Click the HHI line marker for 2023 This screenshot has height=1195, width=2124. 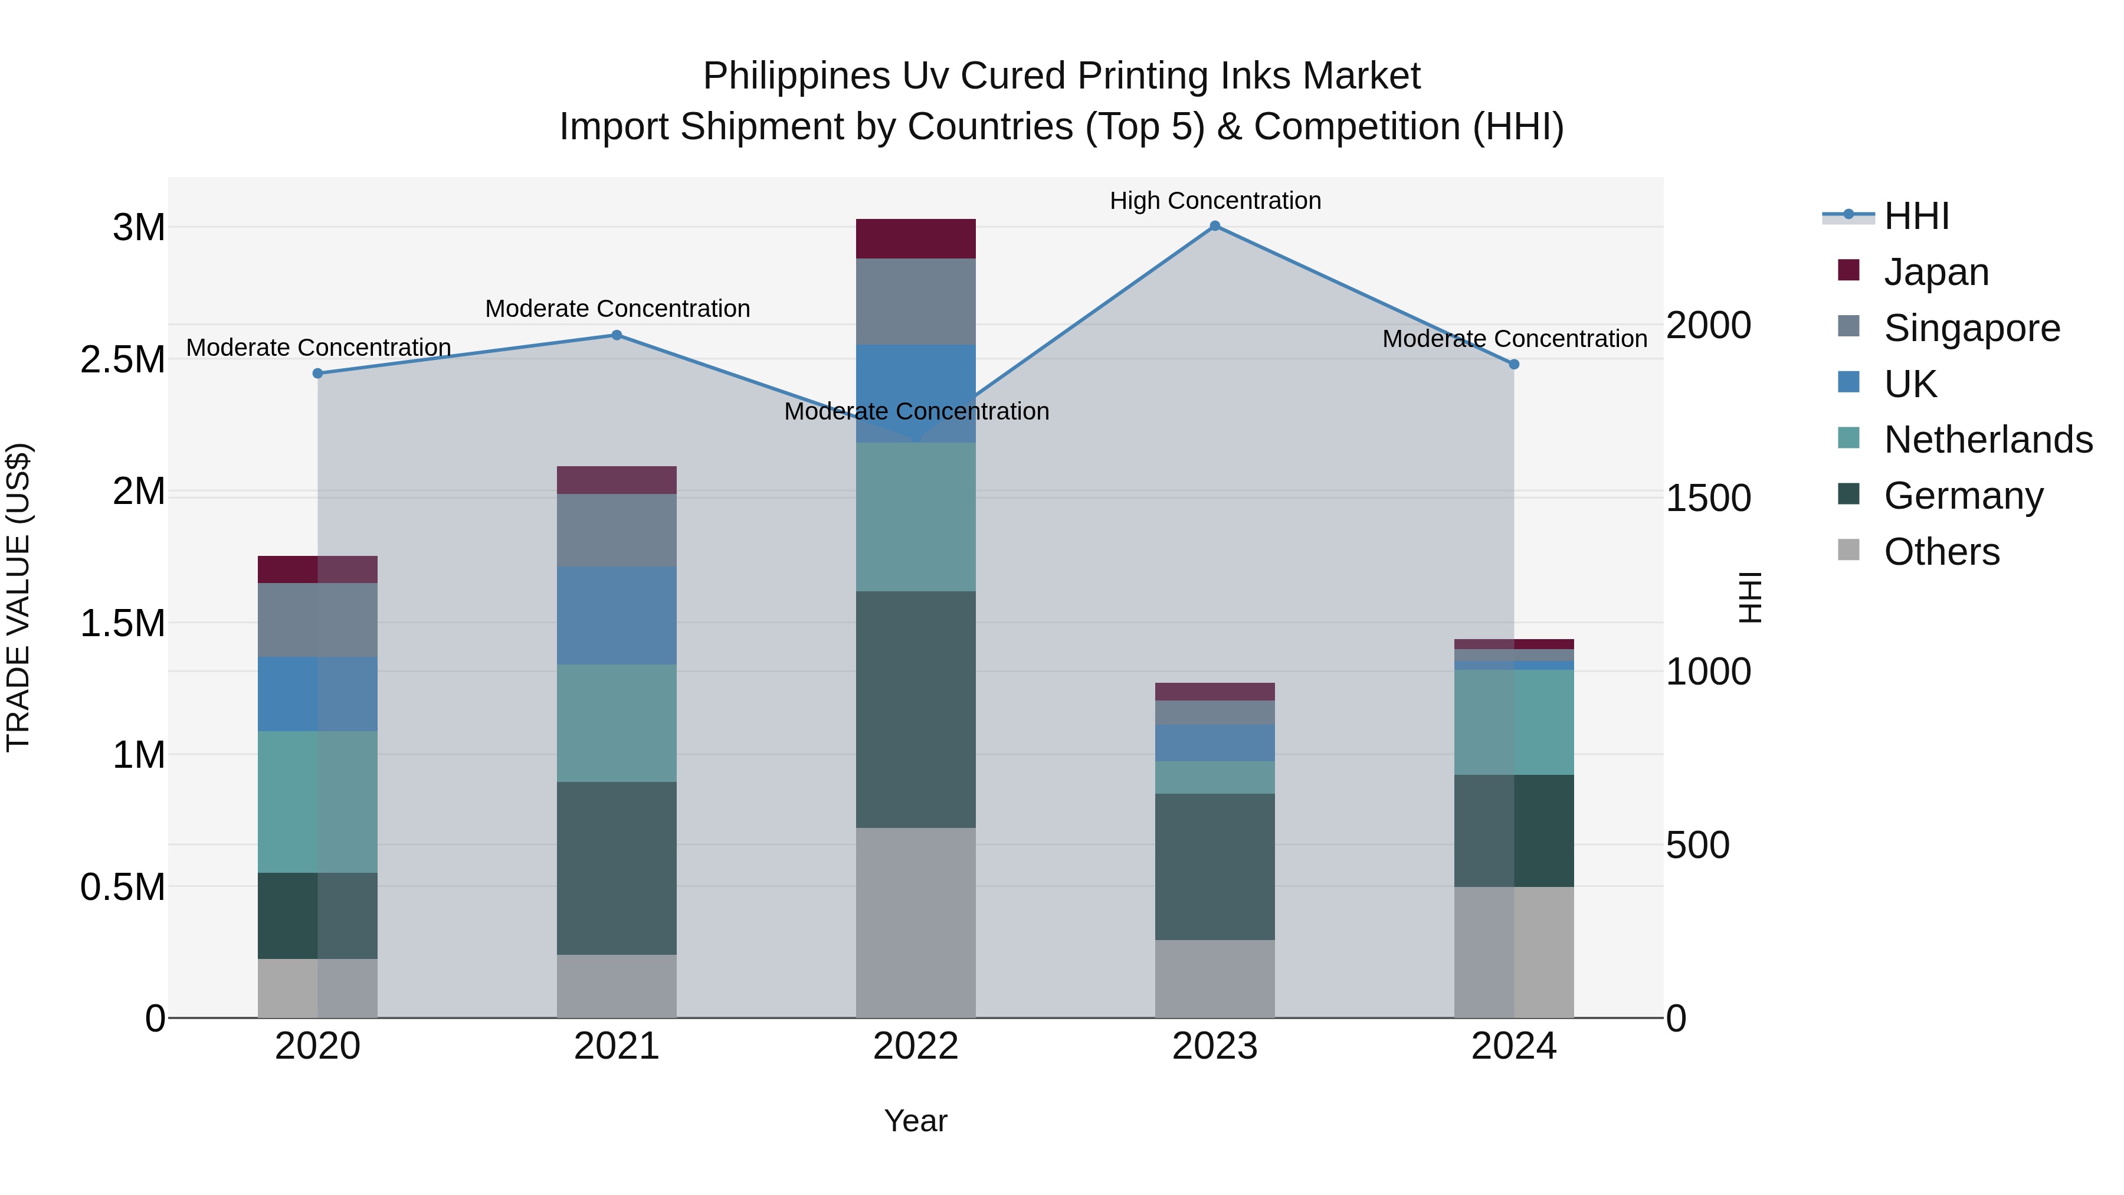[x=1215, y=226]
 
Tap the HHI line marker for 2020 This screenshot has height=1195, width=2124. [x=317, y=374]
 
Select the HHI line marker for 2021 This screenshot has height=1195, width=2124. [x=617, y=335]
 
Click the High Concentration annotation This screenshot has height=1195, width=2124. [x=1215, y=201]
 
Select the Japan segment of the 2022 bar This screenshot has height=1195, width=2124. [x=915, y=239]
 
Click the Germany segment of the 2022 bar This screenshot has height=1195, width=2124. [x=915, y=709]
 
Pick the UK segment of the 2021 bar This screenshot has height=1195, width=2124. [x=617, y=615]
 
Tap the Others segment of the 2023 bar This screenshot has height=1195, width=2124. [x=1215, y=979]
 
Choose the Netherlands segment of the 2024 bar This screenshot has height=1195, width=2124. [x=1514, y=722]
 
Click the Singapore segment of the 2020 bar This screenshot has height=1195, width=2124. [x=317, y=620]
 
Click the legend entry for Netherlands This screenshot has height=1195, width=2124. [x=1988, y=440]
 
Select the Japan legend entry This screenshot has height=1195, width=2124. [x=1936, y=272]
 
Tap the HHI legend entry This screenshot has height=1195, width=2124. [x=1916, y=216]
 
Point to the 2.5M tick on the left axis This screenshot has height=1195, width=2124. [x=123, y=359]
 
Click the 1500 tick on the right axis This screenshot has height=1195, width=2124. [x=1709, y=498]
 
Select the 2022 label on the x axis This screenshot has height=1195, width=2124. [x=915, y=1046]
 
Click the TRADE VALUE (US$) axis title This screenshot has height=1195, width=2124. [x=18, y=597]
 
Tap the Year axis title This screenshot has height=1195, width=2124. [x=915, y=1121]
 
